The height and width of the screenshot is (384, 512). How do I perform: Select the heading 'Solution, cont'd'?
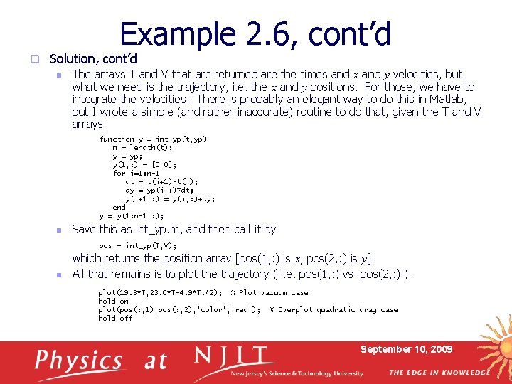[x=93, y=59]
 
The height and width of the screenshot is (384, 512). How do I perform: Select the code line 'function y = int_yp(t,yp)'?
[x=152, y=139]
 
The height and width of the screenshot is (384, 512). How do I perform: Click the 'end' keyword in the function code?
[x=119, y=208]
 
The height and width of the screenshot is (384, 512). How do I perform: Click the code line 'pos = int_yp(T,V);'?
[x=137, y=246]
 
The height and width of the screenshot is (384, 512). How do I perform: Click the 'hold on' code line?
[x=113, y=302]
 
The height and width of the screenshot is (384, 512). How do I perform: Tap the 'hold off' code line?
[x=115, y=319]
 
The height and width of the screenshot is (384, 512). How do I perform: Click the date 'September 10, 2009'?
[x=406, y=349]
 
